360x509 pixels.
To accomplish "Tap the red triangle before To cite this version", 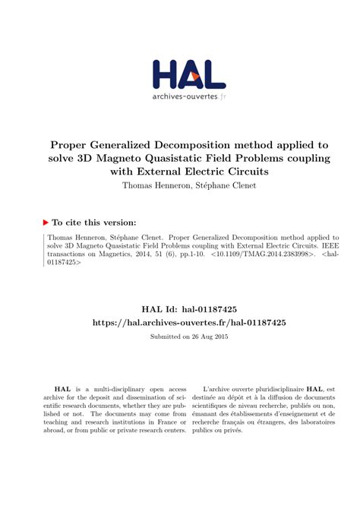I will point(46,223).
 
